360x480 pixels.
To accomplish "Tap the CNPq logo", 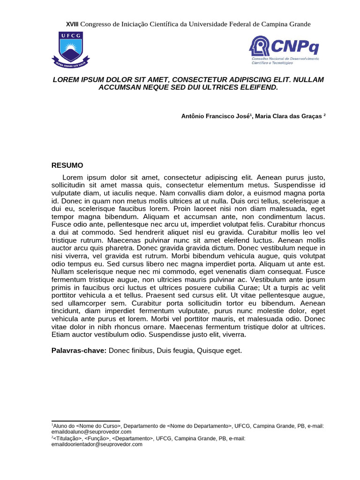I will tap(284, 49).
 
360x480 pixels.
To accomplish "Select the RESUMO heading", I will tap(67, 165).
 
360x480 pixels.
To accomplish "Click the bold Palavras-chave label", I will tap(79, 351).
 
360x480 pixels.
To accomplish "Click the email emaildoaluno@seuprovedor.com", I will tap(91, 432).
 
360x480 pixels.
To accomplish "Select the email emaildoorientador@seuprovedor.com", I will tap(97, 444).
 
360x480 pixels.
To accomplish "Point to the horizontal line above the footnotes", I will tap(85, 421).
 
